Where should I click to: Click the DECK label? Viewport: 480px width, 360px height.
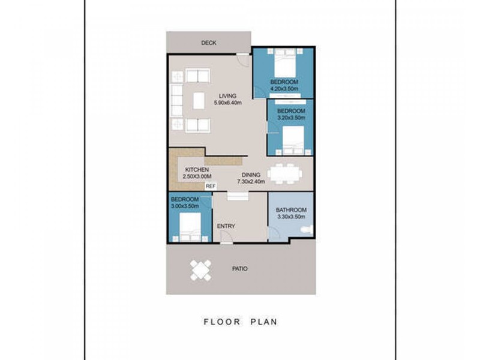[209, 43]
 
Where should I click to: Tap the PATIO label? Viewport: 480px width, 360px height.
[239, 269]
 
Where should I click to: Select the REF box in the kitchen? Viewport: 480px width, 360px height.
[211, 186]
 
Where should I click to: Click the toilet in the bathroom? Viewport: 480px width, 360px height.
[307, 230]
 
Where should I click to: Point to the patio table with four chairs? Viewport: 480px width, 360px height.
[200, 271]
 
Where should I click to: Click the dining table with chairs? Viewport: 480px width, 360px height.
[284, 174]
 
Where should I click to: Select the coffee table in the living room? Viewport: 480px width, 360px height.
[199, 101]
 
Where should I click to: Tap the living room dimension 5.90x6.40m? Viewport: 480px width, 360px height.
[228, 103]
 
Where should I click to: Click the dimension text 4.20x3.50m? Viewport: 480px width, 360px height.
[284, 89]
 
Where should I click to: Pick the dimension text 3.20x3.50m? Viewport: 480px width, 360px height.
[291, 118]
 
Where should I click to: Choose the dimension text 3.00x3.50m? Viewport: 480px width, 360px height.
[185, 206]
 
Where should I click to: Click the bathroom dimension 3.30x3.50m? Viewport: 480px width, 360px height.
[291, 217]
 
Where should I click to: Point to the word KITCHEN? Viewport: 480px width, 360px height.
[197, 170]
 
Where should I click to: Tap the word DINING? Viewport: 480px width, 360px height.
[251, 175]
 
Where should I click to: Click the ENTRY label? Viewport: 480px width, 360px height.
[226, 226]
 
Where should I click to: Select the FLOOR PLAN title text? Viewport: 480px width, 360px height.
[241, 322]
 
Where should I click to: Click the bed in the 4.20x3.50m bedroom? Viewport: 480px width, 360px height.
[284, 63]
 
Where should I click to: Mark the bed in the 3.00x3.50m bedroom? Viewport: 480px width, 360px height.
[190, 227]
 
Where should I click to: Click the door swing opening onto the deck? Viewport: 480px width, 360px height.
[244, 59]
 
